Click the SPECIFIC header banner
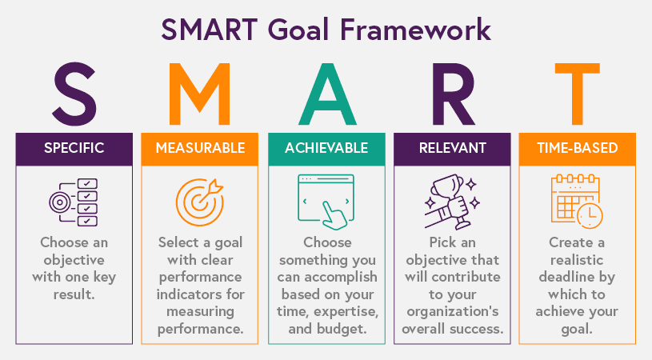(x=74, y=148)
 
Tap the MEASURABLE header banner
(x=200, y=148)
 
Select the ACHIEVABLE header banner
(x=326, y=148)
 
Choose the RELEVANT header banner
(x=452, y=148)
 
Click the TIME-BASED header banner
(x=578, y=148)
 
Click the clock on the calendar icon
(x=590, y=214)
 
